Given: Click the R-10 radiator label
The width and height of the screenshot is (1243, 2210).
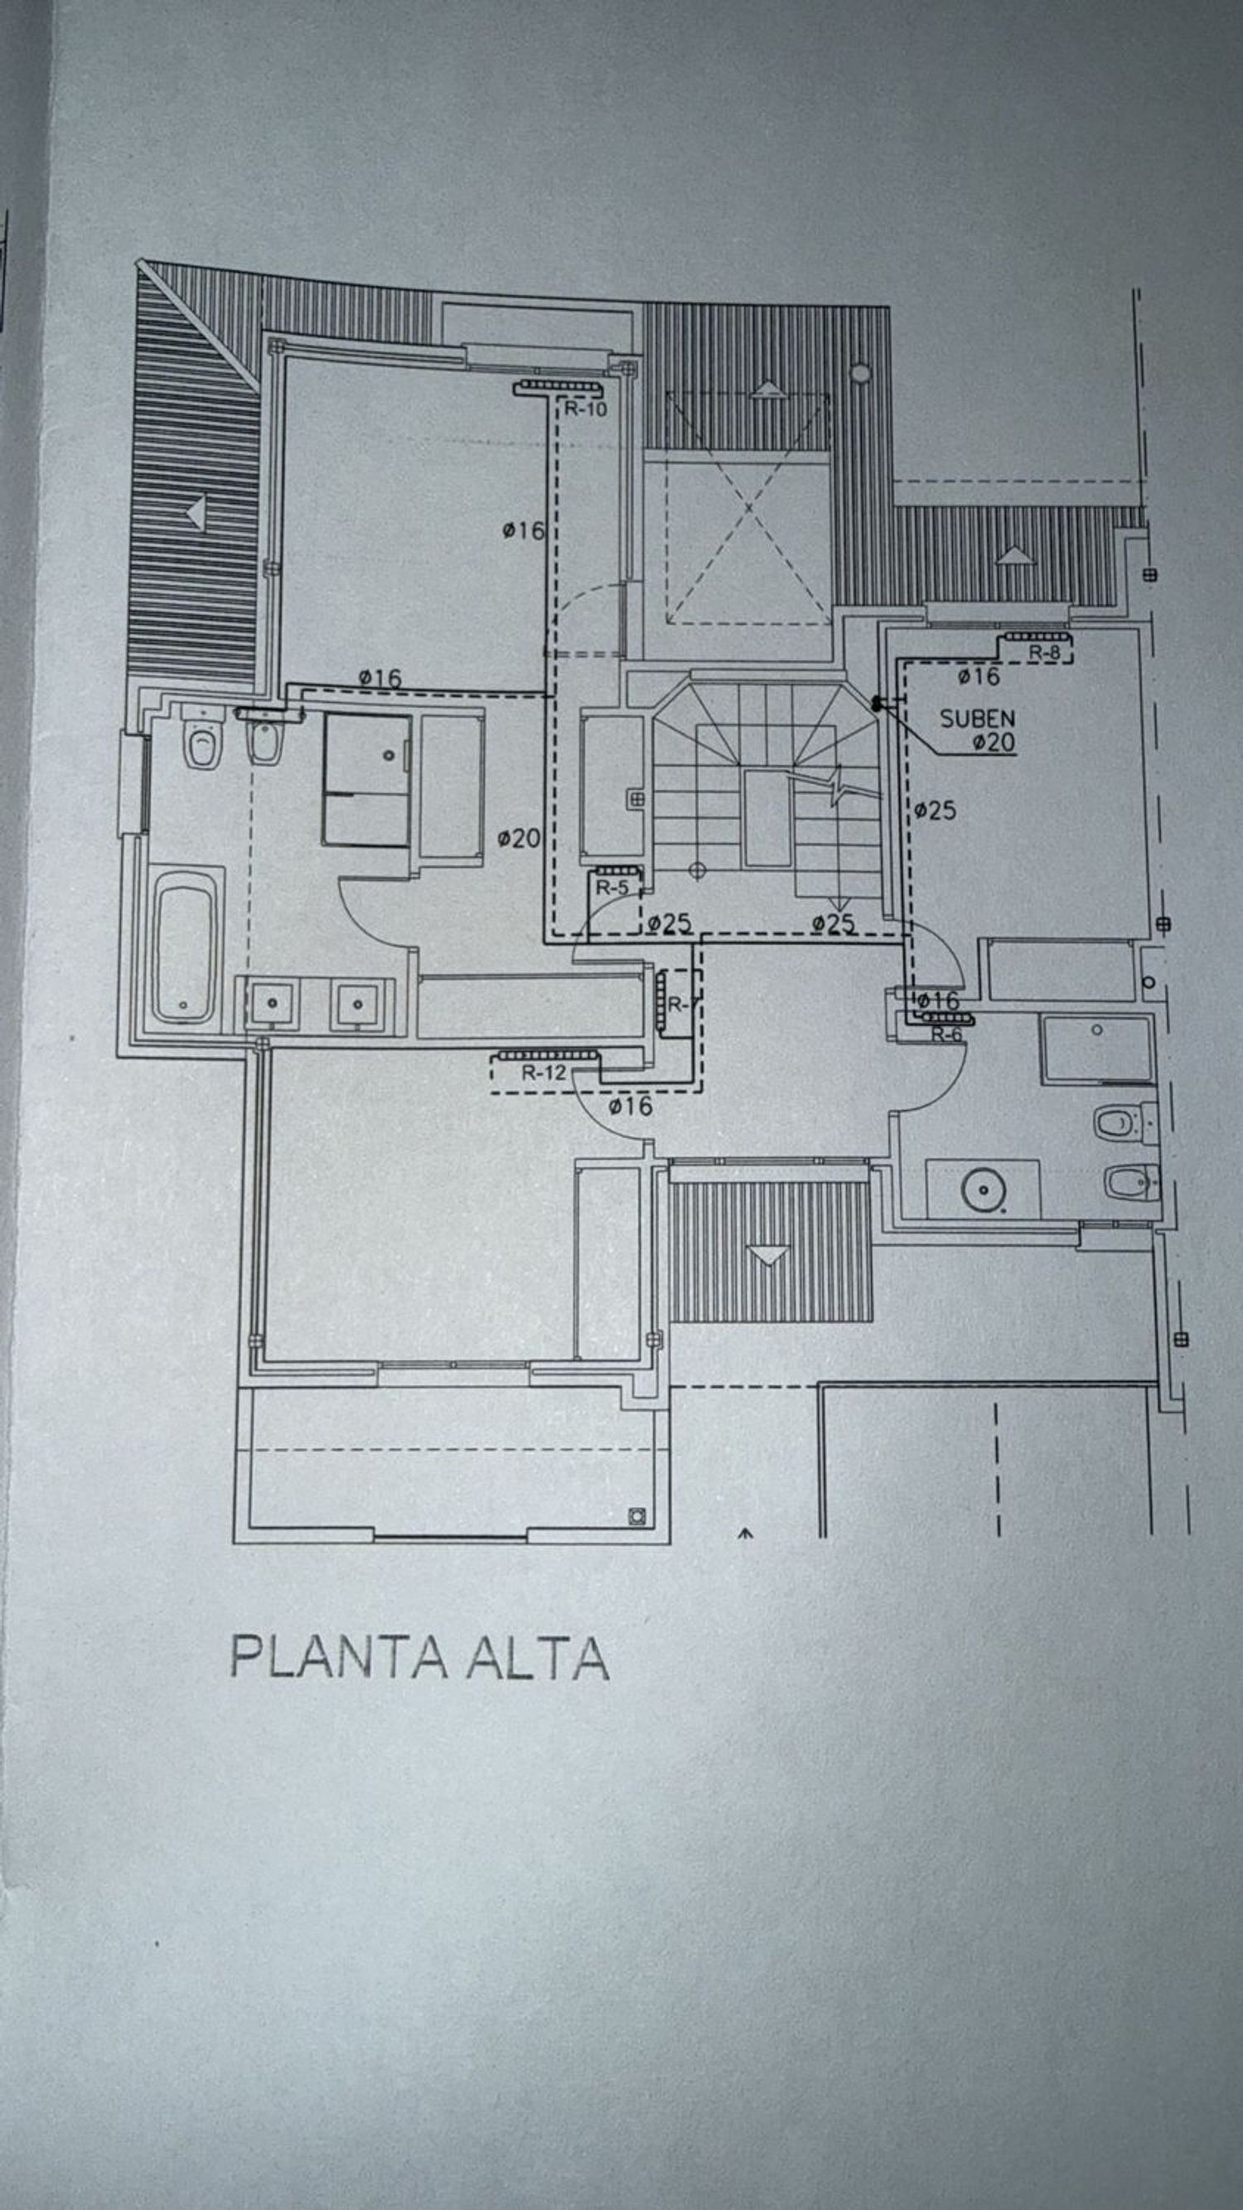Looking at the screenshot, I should (x=585, y=410).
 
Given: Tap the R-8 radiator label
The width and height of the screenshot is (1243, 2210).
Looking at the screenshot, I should (x=1044, y=653).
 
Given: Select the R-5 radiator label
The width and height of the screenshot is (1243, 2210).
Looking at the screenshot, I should (x=612, y=888).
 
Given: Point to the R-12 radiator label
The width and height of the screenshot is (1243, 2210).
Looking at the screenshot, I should (x=544, y=1073).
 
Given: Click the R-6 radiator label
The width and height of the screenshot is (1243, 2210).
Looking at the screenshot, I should (x=946, y=1035).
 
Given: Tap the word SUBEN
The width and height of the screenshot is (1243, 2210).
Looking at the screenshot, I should (x=977, y=718).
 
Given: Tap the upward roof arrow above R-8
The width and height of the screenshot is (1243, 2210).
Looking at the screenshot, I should (x=1015, y=555).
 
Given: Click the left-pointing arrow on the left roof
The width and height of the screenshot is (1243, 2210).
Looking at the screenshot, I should (x=196, y=513).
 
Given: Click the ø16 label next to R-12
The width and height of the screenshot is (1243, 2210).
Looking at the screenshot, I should (x=631, y=1107).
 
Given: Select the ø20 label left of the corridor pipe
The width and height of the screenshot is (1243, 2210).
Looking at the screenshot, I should (x=518, y=837).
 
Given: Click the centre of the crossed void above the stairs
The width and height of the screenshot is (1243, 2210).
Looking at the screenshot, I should (x=748, y=508).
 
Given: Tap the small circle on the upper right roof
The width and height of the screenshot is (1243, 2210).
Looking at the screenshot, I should (x=858, y=372).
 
